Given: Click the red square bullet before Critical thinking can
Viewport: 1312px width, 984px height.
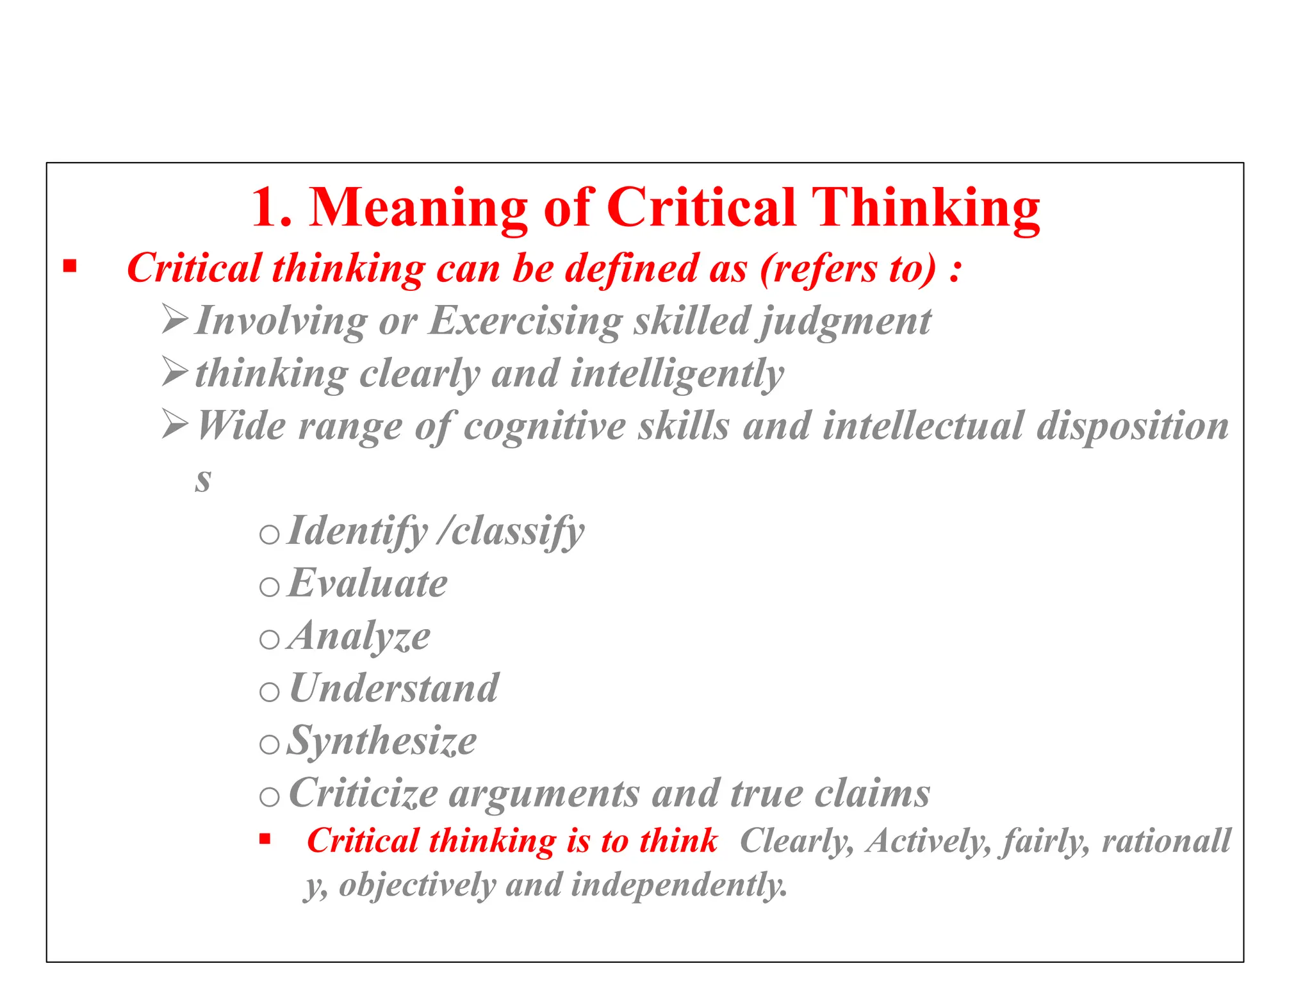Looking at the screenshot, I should click(x=70, y=266).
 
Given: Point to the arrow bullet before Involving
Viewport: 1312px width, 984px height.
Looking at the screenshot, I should click(x=175, y=319).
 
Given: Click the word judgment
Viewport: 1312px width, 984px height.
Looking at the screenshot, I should click(x=846, y=322).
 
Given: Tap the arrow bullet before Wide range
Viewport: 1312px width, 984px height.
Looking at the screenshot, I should click(x=175, y=424).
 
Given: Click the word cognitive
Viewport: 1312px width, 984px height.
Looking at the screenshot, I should click(x=544, y=427).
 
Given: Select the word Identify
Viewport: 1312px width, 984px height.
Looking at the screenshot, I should click(x=357, y=532).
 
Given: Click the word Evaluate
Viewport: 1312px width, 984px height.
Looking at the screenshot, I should click(x=368, y=584).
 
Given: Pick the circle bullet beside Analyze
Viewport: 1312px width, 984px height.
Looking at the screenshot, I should click(x=270, y=639).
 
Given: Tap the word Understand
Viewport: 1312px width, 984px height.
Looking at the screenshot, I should click(x=394, y=689).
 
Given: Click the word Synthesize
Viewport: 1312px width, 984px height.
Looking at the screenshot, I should click(x=382, y=742).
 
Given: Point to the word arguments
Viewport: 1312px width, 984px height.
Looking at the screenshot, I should click(x=544, y=794).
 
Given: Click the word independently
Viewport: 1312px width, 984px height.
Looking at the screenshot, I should click(x=678, y=885).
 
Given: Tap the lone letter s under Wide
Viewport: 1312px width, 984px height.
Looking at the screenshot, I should click(x=203, y=480).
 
